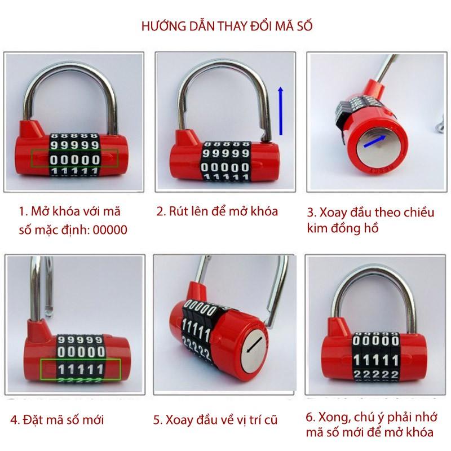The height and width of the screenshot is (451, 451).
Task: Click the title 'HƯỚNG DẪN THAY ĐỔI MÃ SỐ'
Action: pyautogui.click(x=227, y=26)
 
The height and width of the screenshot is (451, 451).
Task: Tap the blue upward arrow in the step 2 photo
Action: pyautogui.click(x=281, y=111)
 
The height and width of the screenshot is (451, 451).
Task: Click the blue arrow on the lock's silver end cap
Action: pyautogui.click(x=374, y=142)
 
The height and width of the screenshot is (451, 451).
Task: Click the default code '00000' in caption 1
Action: pyautogui.click(x=110, y=230)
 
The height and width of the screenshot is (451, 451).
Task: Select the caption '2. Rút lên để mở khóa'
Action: pyautogui.click(x=217, y=211)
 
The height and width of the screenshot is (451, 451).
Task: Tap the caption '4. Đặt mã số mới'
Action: pyautogui.click(x=57, y=419)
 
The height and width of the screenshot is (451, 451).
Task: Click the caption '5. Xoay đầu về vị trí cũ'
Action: pyautogui.click(x=215, y=420)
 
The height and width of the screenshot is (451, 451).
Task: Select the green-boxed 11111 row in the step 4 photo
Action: pyautogui.click(x=81, y=370)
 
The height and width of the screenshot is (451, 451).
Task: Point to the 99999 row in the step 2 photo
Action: pyautogui.click(x=226, y=153)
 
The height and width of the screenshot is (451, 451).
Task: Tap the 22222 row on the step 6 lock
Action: pyautogui.click(x=376, y=374)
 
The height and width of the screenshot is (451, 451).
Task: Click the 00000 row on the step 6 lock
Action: pyautogui.click(x=375, y=341)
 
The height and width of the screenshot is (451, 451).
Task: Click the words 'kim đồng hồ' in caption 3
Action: pyautogui.click(x=343, y=229)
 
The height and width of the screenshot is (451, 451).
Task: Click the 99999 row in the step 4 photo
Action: pyautogui.click(x=80, y=340)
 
